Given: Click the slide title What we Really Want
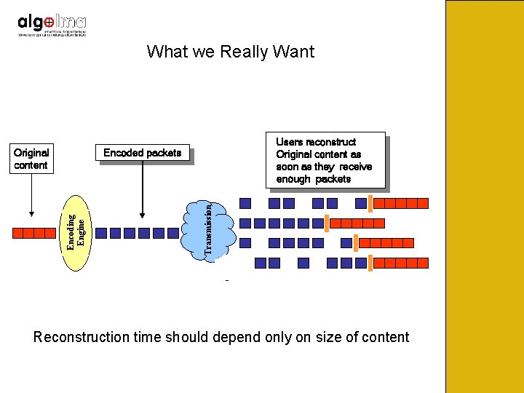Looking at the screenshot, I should [x=230, y=52].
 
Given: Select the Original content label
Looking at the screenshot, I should [x=31, y=159].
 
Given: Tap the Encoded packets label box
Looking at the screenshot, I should [x=143, y=153].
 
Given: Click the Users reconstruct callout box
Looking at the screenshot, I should [x=324, y=160].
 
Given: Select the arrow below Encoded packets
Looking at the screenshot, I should [x=143, y=191].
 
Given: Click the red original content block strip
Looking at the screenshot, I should [x=34, y=233].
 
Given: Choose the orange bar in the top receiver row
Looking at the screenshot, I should [x=370, y=203].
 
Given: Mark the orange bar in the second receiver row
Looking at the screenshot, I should [x=327, y=223].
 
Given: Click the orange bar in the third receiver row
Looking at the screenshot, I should [x=355, y=243].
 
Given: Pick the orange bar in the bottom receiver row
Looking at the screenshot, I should [x=370, y=263].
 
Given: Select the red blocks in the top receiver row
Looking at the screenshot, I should [x=401, y=204].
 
